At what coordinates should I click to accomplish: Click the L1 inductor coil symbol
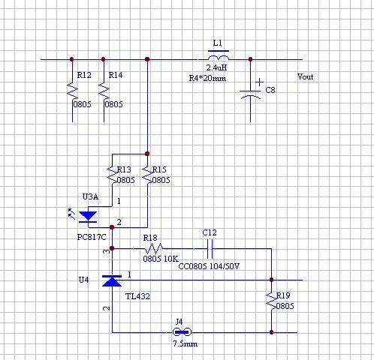click(x=219, y=58)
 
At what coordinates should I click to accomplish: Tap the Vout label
click(x=305, y=76)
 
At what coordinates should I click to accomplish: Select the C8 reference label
click(x=270, y=90)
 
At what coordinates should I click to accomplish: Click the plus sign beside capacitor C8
click(x=259, y=82)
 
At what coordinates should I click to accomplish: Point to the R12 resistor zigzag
click(x=72, y=91)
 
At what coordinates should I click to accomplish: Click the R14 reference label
click(x=116, y=75)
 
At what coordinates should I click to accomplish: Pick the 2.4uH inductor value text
click(x=216, y=67)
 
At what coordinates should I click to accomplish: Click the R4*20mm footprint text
click(x=207, y=78)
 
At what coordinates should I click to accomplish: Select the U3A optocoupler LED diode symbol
click(x=88, y=217)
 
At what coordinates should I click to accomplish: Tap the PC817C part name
click(x=92, y=237)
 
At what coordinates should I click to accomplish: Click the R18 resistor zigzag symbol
click(x=154, y=248)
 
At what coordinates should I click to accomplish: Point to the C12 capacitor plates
click(x=210, y=249)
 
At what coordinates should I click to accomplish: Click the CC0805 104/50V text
click(x=209, y=266)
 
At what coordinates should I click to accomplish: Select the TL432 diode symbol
click(x=112, y=280)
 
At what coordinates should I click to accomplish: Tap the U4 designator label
click(x=83, y=280)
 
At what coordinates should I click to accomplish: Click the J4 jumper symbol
click(x=182, y=332)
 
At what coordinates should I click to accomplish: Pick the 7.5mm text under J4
click(x=185, y=343)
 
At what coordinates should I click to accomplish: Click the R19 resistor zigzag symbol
click(x=271, y=301)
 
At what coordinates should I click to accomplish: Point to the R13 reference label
click(x=124, y=169)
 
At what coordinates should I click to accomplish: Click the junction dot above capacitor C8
click(x=250, y=59)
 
